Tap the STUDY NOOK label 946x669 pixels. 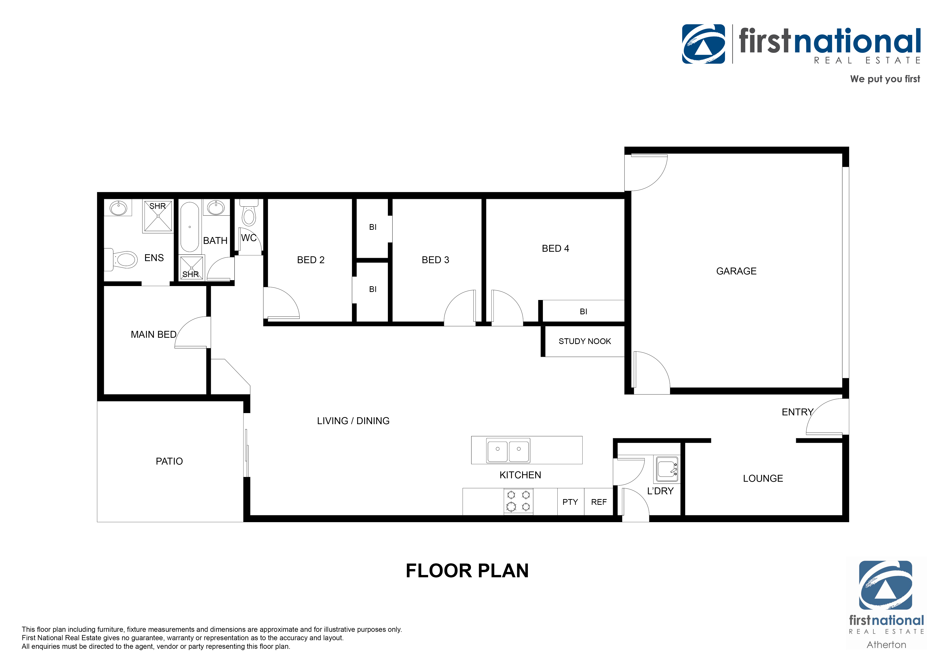[x=584, y=341]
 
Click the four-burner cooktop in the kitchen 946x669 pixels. [x=518, y=501]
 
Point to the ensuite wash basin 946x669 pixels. [x=118, y=208]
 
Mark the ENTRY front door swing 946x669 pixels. [x=826, y=418]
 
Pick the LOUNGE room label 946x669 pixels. [x=763, y=478]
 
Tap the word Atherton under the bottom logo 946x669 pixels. [x=886, y=645]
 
